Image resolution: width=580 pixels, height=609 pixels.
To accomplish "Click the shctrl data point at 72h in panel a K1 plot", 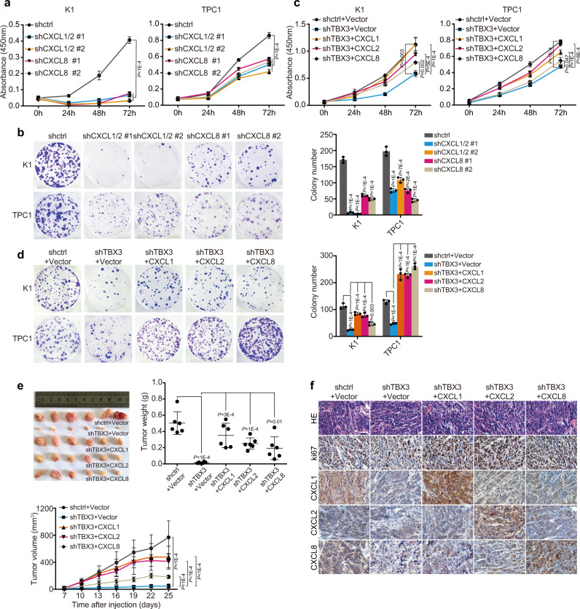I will [x=129, y=40].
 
